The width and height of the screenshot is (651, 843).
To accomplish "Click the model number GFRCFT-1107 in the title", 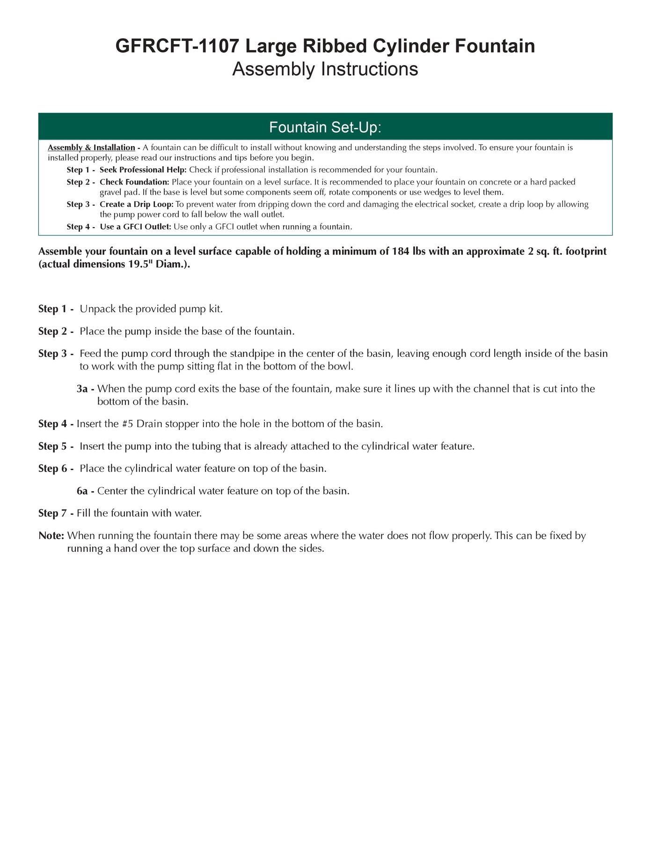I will (177, 46).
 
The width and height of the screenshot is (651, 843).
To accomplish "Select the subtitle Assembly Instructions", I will (325, 69).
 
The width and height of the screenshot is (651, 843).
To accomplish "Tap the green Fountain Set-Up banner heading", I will (325, 127).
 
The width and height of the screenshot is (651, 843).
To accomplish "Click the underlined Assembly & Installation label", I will (91, 148).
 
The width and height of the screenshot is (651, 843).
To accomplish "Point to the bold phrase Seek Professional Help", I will (143, 170).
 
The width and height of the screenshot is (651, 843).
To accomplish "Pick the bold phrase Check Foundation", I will (134, 182).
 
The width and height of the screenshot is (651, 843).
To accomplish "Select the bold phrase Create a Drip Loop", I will (137, 204).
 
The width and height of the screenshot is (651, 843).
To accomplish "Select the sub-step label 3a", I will (82, 389).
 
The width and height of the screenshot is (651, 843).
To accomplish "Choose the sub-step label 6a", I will (82, 491).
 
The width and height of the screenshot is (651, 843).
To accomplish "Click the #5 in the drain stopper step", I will (127, 424).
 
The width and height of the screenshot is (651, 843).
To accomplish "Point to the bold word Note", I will (51, 535).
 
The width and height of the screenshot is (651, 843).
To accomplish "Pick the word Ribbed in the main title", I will (335, 46).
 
